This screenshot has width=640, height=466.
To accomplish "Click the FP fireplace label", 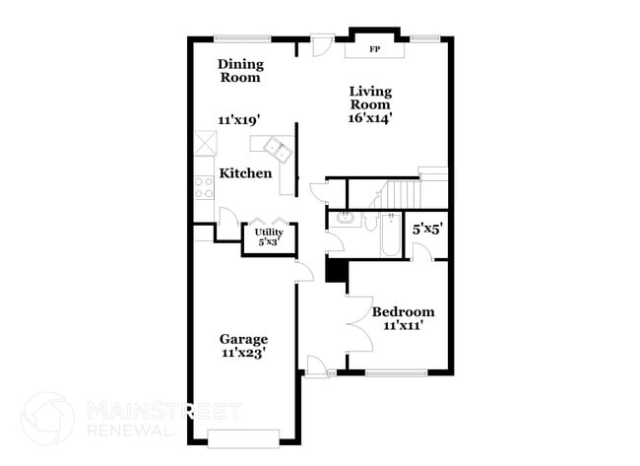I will (374, 48).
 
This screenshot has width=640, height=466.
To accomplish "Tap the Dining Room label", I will (239, 70).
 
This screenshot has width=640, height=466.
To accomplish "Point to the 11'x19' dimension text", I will (239, 120).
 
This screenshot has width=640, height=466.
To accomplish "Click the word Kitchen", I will (245, 173).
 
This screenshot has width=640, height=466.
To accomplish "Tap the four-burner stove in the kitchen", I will (205, 186).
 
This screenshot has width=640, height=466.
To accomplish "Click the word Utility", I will (269, 232).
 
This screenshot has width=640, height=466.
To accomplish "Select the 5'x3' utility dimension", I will (269, 241).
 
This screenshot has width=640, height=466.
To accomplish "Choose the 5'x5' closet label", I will (426, 229).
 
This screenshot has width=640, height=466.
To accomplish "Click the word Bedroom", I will (403, 311).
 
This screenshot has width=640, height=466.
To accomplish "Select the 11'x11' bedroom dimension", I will (403, 326).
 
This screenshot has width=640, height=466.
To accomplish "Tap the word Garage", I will (243, 339).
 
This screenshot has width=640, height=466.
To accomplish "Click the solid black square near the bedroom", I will (336, 270).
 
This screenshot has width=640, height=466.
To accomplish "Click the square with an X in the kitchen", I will (205, 144).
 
